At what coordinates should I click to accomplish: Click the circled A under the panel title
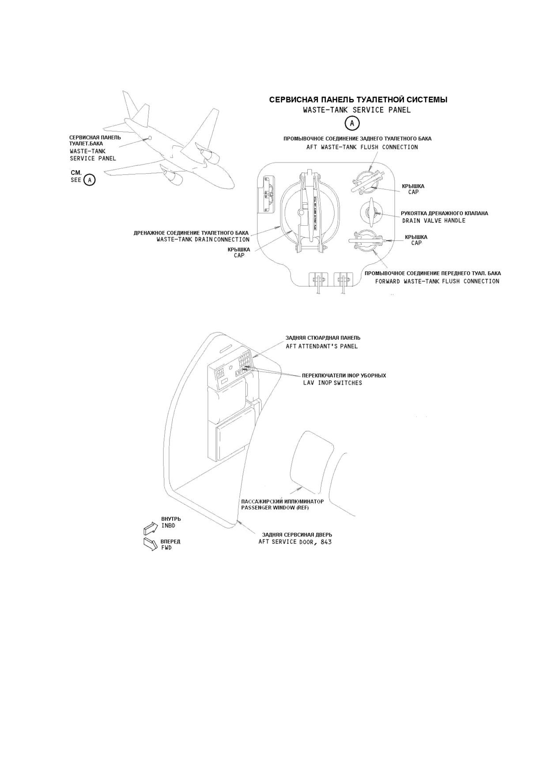point(352,123)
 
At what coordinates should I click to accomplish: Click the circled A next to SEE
point(89,180)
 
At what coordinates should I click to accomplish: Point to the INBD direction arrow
point(151,528)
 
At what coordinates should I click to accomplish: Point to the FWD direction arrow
point(151,544)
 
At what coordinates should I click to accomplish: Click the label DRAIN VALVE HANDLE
point(434,220)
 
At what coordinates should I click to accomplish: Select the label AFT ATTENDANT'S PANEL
point(321,346)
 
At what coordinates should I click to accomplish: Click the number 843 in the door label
point(325,542)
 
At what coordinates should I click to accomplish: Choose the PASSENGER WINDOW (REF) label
point(275,508)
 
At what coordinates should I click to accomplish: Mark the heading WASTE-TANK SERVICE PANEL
point(357,110)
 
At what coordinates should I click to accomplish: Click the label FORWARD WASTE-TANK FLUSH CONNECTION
point(437,281)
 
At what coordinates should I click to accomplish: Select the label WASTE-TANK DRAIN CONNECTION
point(203,239)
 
